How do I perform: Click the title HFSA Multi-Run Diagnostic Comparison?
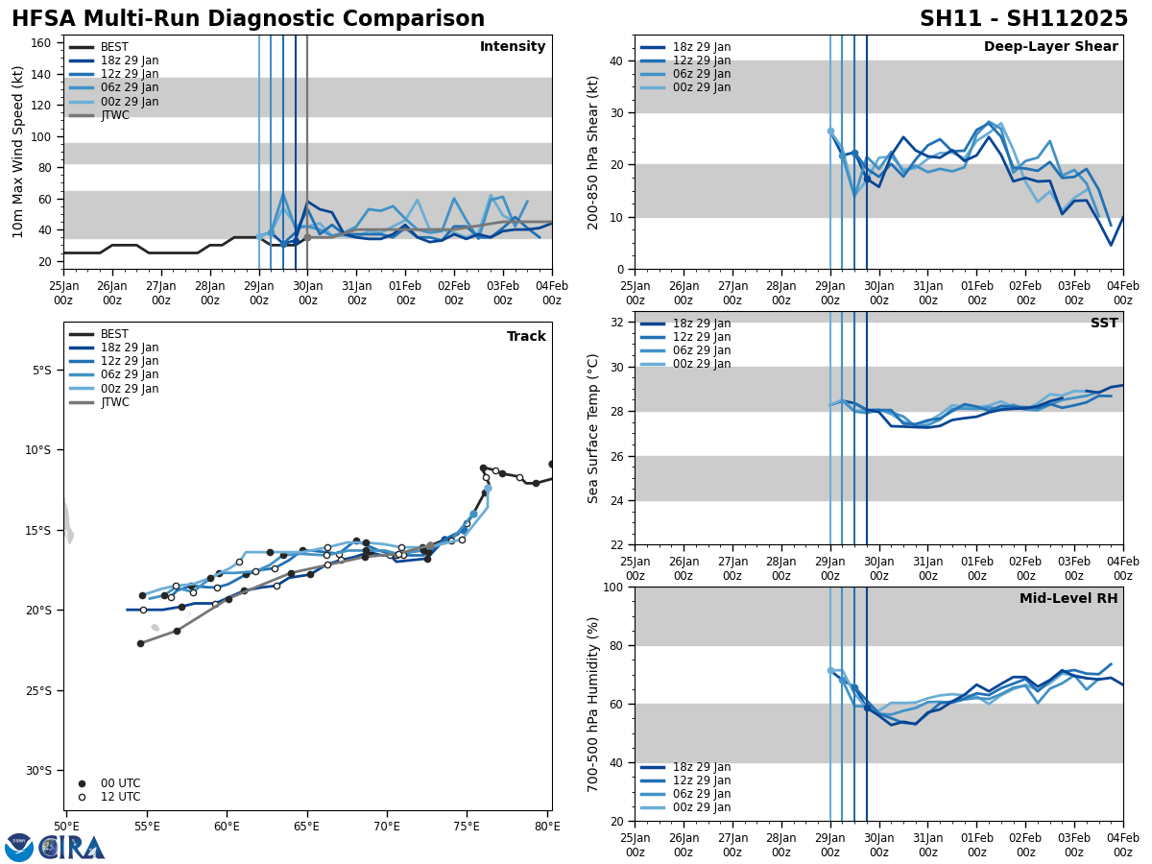click(248, 19)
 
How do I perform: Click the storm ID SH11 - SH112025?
click(1023, 19)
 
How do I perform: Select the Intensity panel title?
click(513, 47)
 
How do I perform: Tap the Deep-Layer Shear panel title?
click(1050, 47)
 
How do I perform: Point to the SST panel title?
click(1103, 324)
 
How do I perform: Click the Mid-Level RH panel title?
click(1068, 599)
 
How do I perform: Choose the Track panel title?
click(526, 337)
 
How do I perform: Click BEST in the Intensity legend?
click(114, 47)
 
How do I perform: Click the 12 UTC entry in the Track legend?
click(120, 797)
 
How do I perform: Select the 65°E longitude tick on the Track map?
click(306, 827)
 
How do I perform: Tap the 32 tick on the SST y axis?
click(619, 323)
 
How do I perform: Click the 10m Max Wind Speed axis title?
click(18, 152)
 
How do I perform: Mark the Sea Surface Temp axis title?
click(593, 428)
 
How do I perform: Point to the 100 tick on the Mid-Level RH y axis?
click(615, 587)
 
